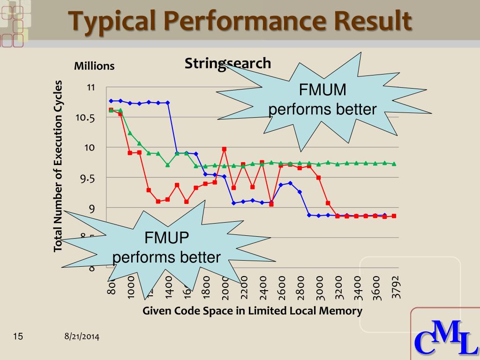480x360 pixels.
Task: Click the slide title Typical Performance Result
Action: (x=240, y=21)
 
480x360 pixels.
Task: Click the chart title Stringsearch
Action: (x=228, y=63)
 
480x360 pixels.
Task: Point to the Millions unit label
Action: (x=94, y=66)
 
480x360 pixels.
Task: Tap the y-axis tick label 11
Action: (x=91, y=88)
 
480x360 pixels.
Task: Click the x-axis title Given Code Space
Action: (x=252, y=311)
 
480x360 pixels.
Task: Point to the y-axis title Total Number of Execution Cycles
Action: (x=58, y=166)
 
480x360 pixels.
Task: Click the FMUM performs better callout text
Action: (x=322, y=100)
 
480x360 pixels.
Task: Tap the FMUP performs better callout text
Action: (x=166, y=248)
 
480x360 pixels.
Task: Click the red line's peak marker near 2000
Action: (x=224, y=149)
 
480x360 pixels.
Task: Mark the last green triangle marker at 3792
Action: (x=394, y=164)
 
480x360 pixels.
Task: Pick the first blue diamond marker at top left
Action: (x=111, y=101)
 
